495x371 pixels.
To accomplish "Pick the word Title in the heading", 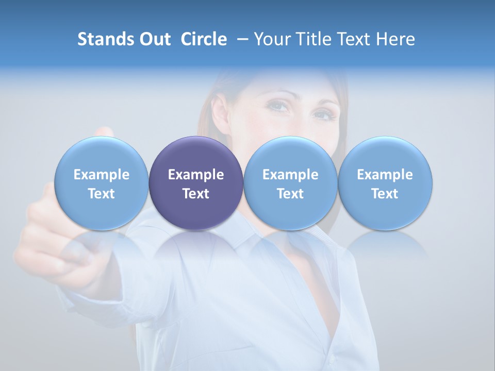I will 311,39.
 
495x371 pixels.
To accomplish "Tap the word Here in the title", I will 394,39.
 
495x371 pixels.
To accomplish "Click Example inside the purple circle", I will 196,175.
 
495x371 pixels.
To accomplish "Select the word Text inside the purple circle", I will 196,194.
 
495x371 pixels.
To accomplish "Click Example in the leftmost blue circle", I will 102,175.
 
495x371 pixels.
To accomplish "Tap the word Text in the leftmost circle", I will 102,194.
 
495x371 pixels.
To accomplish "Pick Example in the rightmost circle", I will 385,175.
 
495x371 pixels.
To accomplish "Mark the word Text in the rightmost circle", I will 385,194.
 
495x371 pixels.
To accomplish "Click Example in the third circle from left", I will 290,175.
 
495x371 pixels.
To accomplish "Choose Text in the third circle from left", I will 290,194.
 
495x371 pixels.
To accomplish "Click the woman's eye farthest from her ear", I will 323,113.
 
